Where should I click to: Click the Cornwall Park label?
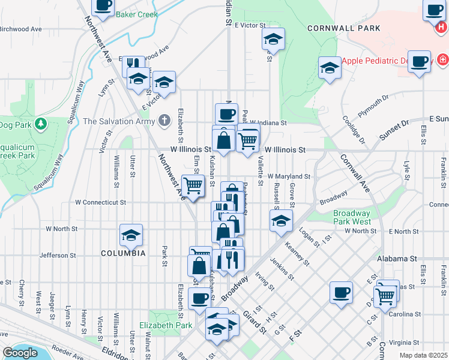[343, 28]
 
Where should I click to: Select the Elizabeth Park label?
[165, 325]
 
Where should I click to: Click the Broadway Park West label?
[352, 217]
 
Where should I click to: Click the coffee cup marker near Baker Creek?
[103, 6]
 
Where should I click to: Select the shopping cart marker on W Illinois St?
[248, 141]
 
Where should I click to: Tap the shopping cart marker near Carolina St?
[384, 295]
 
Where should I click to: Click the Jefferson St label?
[58, 255]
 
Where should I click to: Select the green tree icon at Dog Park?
[40, 124]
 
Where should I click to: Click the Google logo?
[20, 353]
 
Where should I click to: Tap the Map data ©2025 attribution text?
[423, 355]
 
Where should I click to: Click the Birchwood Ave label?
[21, 29]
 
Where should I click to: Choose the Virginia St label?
[404, 343]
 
